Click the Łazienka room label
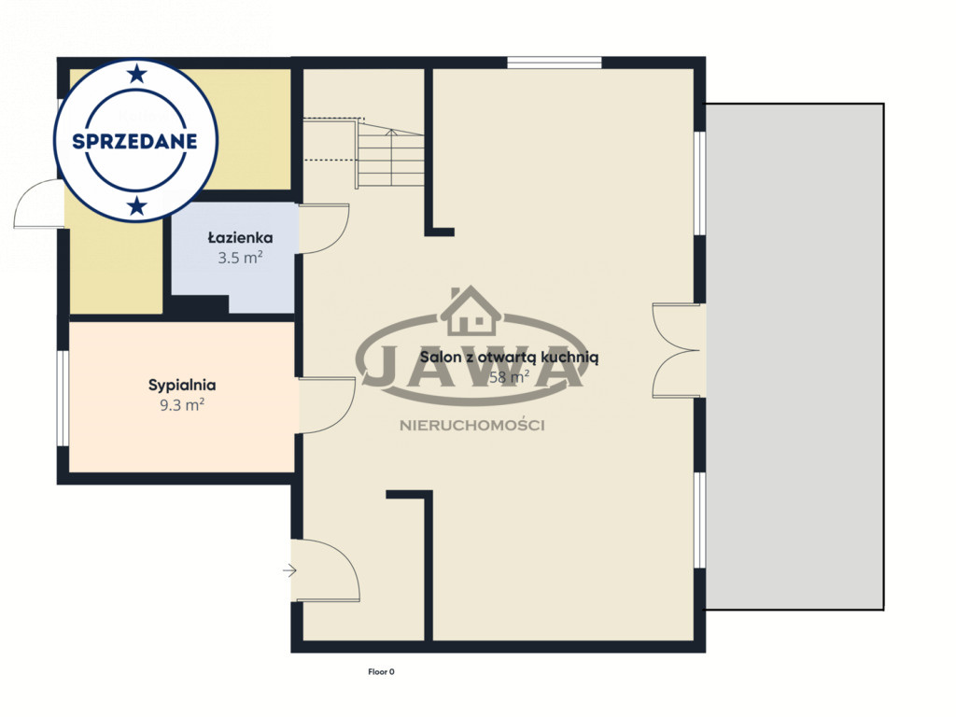[x=240, y=237]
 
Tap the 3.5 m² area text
[x=240, y=258]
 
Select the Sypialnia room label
[x=182, y=385]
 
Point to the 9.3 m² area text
[x=182, y=405]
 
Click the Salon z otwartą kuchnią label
[x=509, y=358]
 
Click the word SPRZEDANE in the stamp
[x=134, y=142]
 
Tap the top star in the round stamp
[x=137, y=75]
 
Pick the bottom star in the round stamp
[x=137, y=206]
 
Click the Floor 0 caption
[x=381, y=672]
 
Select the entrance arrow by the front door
[x=289, y=571]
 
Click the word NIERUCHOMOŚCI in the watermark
[x=471, y=426]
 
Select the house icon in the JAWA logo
[x=471, y=311]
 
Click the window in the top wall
[x=555, y=63]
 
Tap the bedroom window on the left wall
[x=63, y=399]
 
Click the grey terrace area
[x=795, y=357]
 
